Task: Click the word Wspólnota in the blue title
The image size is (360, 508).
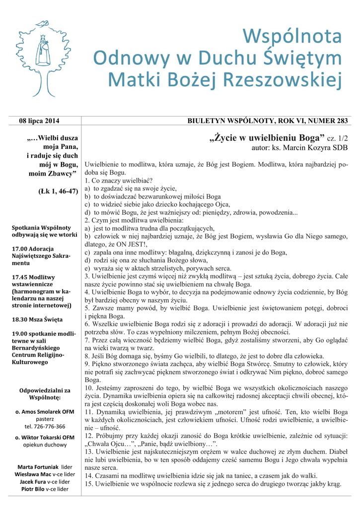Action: point(292,38)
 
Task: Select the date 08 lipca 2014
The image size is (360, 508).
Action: point(39,121)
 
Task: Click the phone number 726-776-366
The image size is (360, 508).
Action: point(45,426)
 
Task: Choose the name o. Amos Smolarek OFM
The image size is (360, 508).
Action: point(45,412)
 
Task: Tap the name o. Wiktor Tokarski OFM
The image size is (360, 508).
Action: point(45,437)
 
